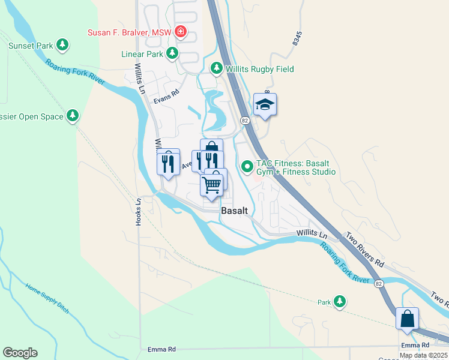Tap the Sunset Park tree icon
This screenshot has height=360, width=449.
point(62,45)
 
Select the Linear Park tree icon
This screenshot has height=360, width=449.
point(172,54)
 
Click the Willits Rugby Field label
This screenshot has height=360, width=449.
point(260,69)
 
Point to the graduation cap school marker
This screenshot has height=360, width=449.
point(265,105)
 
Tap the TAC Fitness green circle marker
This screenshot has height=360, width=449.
point(247,167)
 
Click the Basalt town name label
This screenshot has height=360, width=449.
point(235,211)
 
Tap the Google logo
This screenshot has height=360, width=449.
point(20,353)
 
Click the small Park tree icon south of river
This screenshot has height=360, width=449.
point(340,302)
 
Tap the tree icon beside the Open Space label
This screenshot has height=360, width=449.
point(73,115)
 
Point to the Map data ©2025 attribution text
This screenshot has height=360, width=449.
point(424,355)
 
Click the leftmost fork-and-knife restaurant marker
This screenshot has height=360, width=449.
point(168,162)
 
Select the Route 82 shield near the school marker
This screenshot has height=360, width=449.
point(246,121)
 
